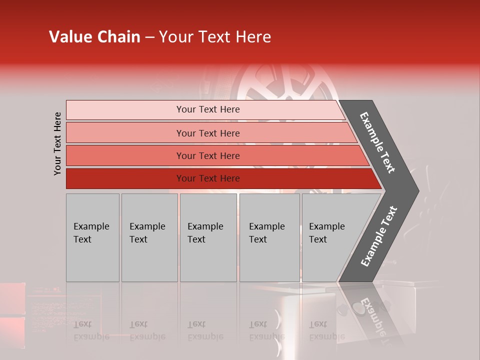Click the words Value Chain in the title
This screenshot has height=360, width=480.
[94, 37]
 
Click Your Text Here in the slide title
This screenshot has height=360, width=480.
[215, 37]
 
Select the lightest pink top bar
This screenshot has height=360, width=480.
[125, 109]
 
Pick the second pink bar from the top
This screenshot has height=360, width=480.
[125, 133]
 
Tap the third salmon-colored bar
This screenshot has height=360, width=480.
[125, 155]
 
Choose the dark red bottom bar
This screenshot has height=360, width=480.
[125, 178]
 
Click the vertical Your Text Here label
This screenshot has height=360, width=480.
[57, 143]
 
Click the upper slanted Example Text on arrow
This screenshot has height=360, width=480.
[377, 142]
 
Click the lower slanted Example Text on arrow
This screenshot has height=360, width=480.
[378, 236]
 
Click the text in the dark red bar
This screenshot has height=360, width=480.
[208, 178]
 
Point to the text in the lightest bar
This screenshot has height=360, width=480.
[208, 109]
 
